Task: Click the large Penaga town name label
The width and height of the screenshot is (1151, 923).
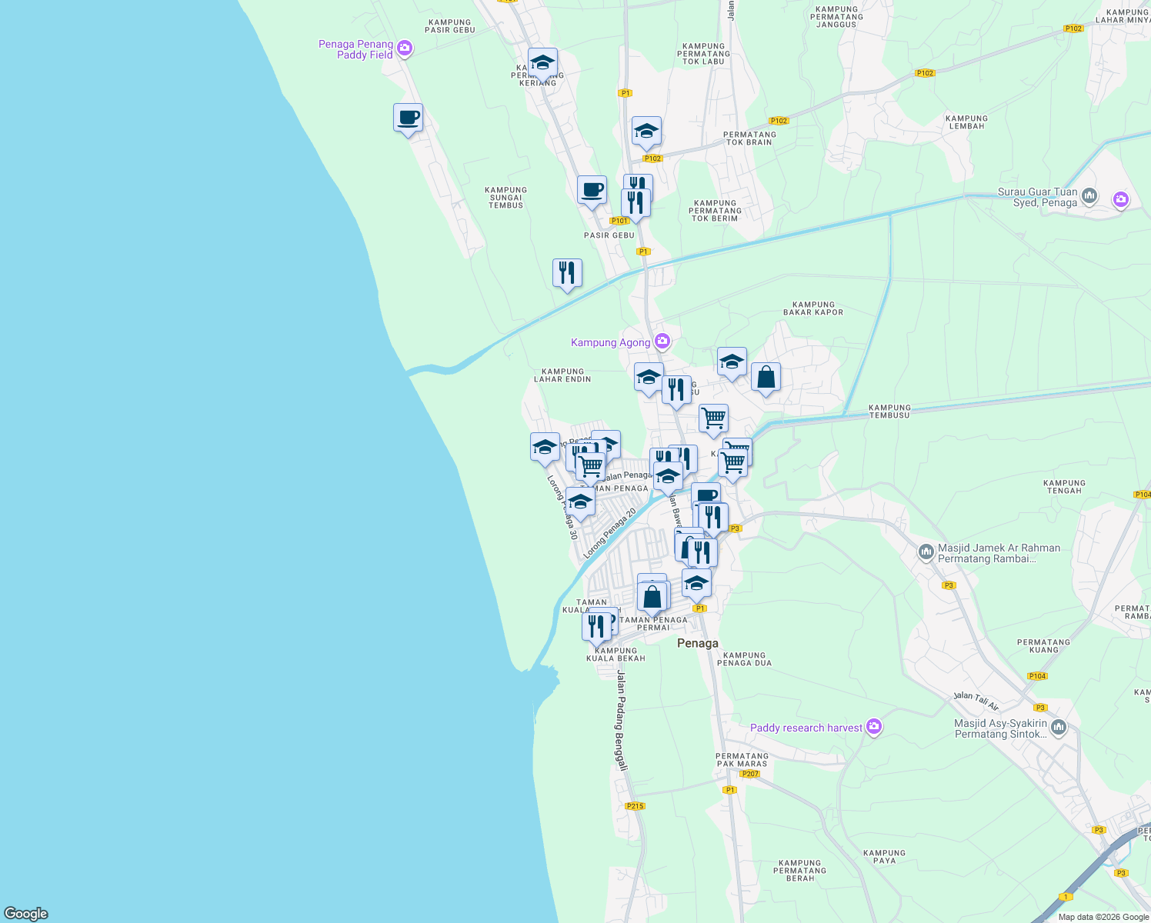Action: [697, 643]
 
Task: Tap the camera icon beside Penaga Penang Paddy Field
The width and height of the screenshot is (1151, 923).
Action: [405, 49]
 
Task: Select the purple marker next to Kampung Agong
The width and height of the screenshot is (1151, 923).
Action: [662, 342]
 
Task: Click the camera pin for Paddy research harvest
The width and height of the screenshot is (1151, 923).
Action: [873, 727]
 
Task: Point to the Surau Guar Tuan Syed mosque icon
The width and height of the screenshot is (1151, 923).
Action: [1089, 197]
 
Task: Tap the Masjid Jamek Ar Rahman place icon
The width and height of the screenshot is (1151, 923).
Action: [926, 552]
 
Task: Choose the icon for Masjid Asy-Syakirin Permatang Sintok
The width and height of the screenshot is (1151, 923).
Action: [1059, 728]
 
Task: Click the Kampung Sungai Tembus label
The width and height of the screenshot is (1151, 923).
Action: [505, 198]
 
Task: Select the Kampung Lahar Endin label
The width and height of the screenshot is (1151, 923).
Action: [562, 375]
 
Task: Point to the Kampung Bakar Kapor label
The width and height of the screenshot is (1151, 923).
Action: [813, 308]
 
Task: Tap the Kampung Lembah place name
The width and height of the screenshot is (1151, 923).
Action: [966, 122]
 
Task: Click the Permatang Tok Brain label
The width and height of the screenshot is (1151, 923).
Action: [750, 138]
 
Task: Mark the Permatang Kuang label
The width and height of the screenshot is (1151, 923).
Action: [1043, 646]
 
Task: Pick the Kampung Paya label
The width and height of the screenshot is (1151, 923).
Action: [884, 857]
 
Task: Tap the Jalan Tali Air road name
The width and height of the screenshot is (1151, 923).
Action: [976, 701]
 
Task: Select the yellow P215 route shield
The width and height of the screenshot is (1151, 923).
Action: [635, 806]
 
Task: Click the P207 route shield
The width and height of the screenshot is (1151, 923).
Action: [750, 774]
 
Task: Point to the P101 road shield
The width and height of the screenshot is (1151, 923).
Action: [619, 221]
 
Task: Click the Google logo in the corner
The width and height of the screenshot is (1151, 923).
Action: [26, 914]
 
